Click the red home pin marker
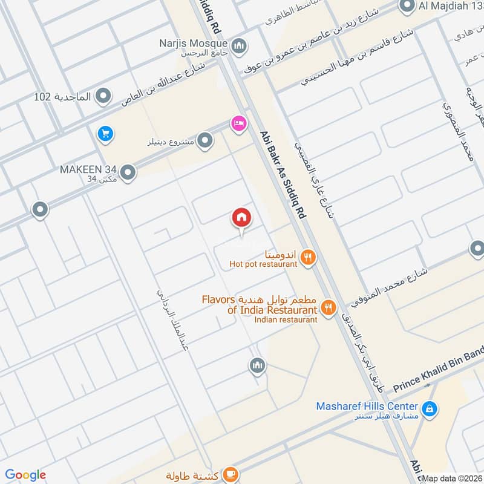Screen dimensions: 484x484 pyautogui.click(x=241, y=218)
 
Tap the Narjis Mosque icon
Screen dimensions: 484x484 pyautogui.click(x=240, y=45)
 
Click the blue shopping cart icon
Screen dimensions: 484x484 pyautogui.click(x=105, y=133)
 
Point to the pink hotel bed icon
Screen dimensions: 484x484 pyautogui.click(x=238, y=123)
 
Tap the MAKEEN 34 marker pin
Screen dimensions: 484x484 pyautogui.click(x=128, y=174)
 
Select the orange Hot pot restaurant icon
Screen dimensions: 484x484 pyautogui.click(x=309, y=257)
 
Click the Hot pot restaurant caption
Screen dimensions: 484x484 pyautogui.click(x=263, y=264)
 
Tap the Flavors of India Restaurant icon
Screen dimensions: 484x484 pyautogui.click(x=329, y=307)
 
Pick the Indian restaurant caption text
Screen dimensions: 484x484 pyautogui.click(x=286, y=319)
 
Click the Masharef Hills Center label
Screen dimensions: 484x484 pyautogui.click(x=367, y=406)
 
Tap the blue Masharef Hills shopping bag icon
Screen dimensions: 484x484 pyautogui.click(x=429, y=410)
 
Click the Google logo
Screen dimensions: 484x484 pyautogui.click(x=25, y=475)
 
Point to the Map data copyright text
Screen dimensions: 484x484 pyautogui.click(x=452, y=478)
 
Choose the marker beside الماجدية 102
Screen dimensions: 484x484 pyautogui.click(x=104, y=96)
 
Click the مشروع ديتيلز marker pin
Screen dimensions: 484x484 pyautogui.click(x=206, y=142)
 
